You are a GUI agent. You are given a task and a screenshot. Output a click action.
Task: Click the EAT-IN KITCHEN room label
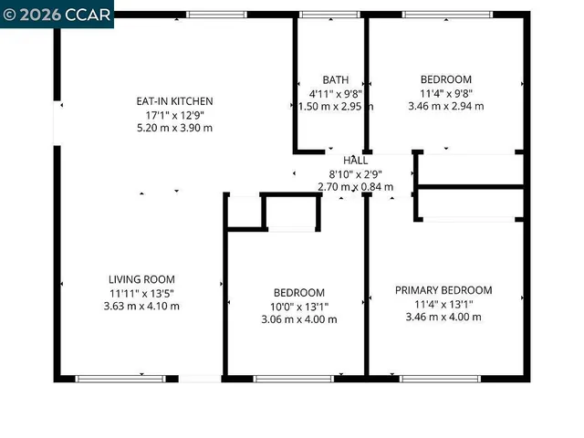click(x=174, y=101)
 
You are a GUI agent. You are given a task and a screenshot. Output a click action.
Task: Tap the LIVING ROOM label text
click(x=141, y=279)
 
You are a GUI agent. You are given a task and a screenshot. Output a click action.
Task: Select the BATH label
click(x=335, y=80)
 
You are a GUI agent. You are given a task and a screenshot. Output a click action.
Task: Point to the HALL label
click(x=356, y=161)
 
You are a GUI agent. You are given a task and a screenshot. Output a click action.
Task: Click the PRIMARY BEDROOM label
click(x=443, y=290)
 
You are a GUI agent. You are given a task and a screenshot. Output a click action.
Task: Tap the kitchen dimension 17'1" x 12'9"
click(x=174, y=115)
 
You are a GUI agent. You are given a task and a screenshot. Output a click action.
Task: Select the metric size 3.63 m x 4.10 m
click(x=141, y=307)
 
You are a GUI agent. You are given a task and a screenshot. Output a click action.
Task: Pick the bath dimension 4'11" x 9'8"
click(x=335, y=93)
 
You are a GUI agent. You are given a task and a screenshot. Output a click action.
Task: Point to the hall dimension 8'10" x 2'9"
click(x=356, y=173)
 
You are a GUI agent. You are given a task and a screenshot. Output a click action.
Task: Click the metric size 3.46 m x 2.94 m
click(x=445, y=106)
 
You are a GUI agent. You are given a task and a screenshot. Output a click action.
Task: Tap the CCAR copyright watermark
click(x=57, y=14)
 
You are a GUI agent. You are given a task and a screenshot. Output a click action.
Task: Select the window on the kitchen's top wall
click(x=216, y=14)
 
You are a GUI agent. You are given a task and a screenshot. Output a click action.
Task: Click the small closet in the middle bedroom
click(x=292, y=213)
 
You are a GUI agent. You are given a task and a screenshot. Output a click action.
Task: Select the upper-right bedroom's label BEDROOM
click(x=445, y=79)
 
